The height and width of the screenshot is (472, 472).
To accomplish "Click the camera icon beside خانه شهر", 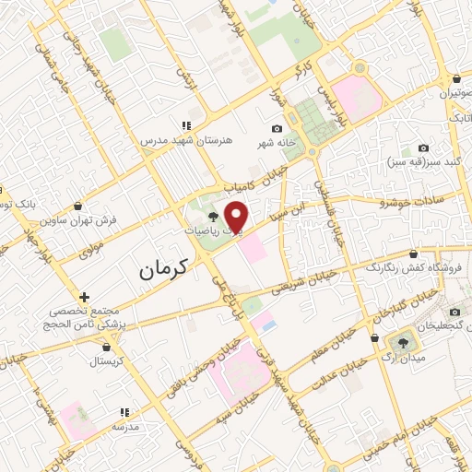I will (277, 128).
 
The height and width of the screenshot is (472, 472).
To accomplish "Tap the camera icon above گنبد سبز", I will (423, 147).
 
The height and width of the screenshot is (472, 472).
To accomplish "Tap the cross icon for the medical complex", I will (84, 297).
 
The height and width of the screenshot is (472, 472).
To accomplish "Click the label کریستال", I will (109, 361).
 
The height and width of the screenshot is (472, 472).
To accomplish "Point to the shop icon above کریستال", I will (109, 348).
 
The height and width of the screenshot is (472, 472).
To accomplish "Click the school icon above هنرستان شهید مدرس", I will (185, 125).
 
